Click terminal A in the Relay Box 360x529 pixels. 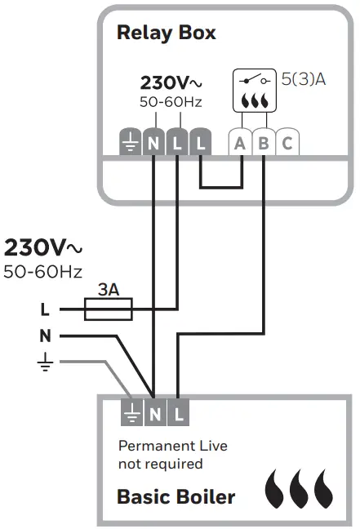coord(240,143)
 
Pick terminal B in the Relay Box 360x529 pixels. coord(264,143)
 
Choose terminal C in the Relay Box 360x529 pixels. coord(287,143)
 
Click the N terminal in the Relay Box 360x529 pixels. coord(153,143)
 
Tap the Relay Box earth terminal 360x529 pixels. coord(130,143)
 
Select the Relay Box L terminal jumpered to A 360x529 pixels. coord(201,143)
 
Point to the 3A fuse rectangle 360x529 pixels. coord(109,309)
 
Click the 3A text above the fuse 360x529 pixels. coord(109,290)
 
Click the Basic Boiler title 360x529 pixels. coord(176,496)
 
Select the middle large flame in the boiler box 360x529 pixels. coord(300,489)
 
